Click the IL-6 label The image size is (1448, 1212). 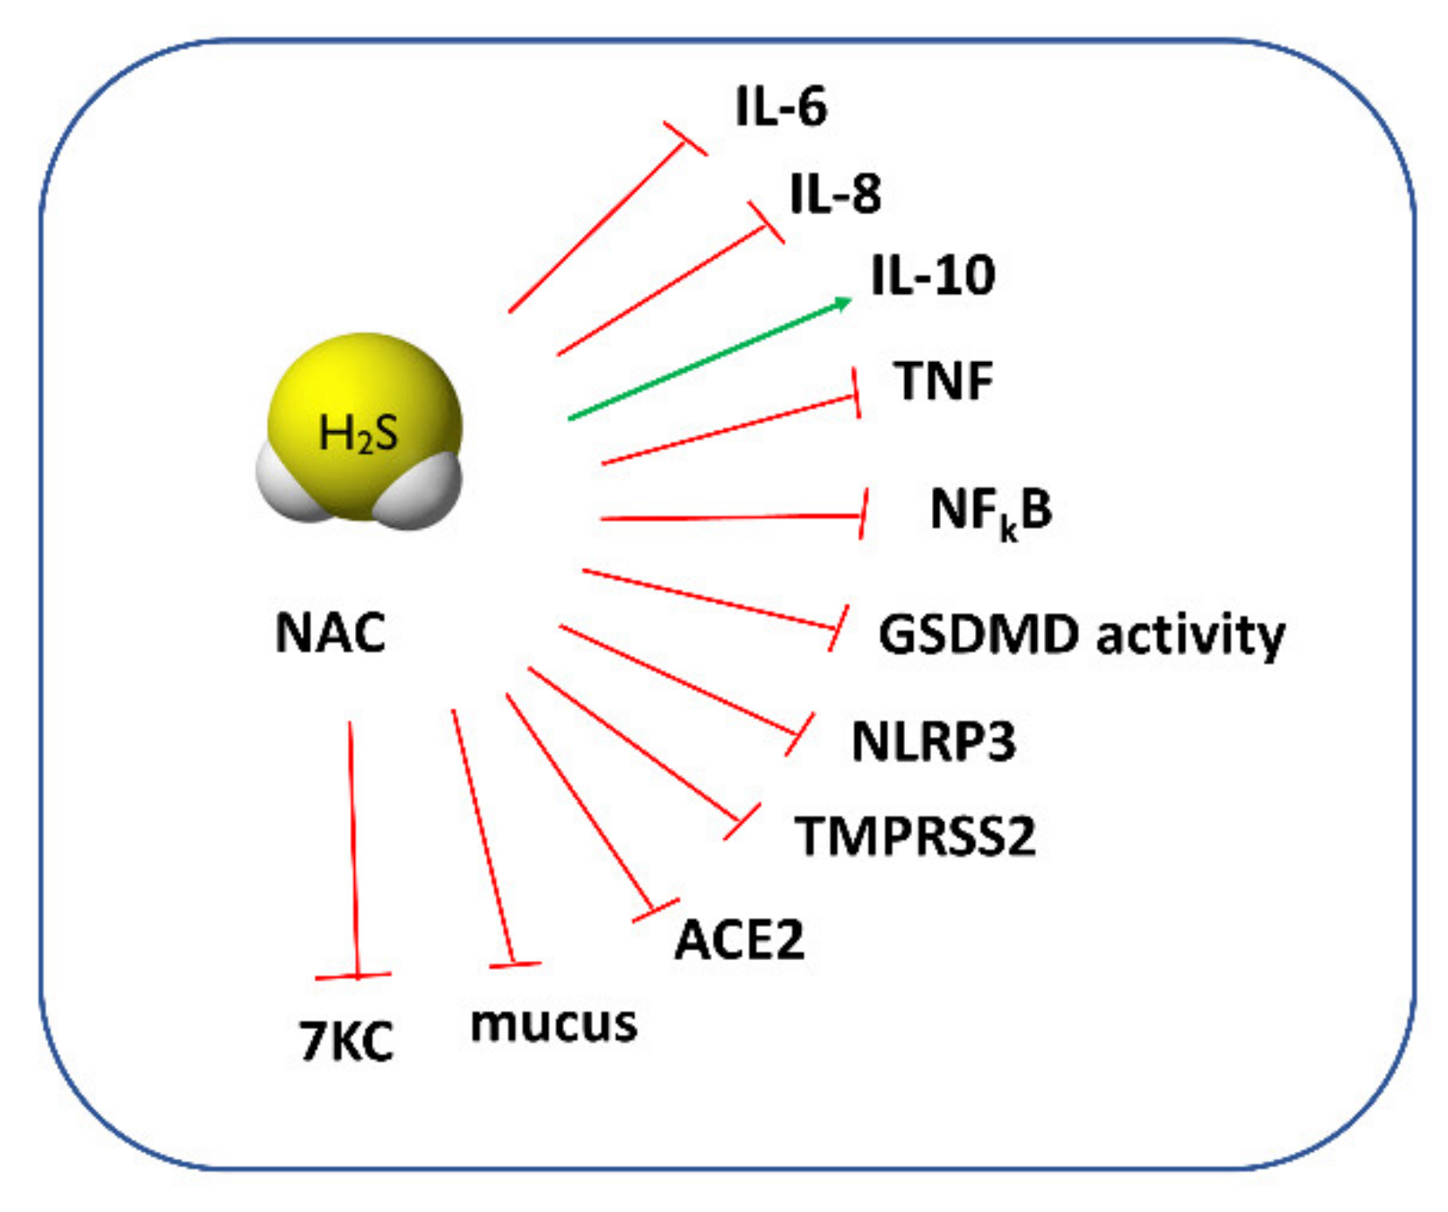coord(781,107)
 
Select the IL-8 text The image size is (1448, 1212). coord(835,194)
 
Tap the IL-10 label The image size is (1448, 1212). coord(933,275)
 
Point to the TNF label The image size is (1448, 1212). coord(943,381)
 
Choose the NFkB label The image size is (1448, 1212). coord(991,511)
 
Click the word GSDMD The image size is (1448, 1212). coord(978,634)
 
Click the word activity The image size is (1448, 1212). coord(1191,634)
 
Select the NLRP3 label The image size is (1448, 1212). coord(934,742)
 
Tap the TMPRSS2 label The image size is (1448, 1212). coord(915,836)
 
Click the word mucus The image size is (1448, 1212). coord(553,1023)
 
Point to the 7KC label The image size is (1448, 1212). coord(346,1041)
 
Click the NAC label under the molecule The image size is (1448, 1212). coord(331,632)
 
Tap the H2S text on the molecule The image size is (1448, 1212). coord(358,433)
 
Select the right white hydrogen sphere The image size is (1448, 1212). coord(421,490)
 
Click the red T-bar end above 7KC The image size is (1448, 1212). coord(353,975)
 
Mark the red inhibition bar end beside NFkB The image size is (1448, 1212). coord(863,514)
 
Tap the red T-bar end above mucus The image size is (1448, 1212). coord(515,965)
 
